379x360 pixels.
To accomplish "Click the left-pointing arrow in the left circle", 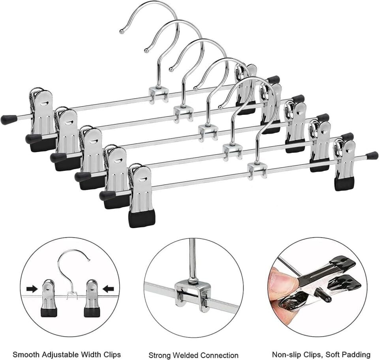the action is point(108,288).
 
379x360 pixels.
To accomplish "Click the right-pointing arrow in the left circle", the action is point(32,289).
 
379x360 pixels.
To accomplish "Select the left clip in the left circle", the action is point(50,298).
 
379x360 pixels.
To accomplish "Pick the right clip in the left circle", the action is point(92,298).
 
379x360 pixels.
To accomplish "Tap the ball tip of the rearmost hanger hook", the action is point(122,31).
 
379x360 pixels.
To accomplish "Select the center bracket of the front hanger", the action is point(257,171).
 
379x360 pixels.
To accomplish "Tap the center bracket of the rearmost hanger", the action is point(159,95).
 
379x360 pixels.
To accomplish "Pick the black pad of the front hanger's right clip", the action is point(344,184).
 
